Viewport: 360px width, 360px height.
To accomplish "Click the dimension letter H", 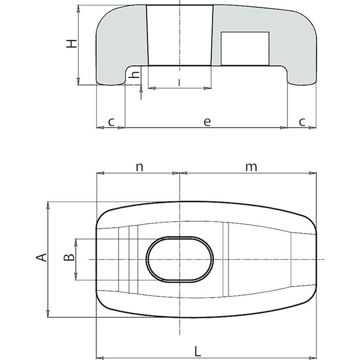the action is (71, 44).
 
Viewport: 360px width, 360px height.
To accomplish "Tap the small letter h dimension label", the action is (135, 75).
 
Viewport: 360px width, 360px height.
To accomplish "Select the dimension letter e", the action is (207, 121).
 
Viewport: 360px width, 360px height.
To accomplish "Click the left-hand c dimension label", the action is (111, 122).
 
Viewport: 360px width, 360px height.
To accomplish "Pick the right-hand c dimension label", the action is (302, 122).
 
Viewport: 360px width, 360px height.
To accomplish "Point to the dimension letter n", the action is (139, 167).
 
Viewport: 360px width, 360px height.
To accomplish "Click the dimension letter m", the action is (251, 167).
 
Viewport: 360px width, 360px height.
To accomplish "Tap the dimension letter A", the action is (42, 257).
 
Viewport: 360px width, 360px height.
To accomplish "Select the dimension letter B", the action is (69, 257).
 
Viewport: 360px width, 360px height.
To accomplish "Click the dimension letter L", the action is (198, 351).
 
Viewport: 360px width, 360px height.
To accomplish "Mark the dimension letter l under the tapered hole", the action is (180, 82).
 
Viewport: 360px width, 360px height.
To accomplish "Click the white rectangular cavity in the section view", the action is (245, 49).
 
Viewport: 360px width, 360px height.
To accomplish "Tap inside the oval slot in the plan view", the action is (180, 259).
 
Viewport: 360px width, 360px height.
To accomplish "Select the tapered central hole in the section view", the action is (180, 35).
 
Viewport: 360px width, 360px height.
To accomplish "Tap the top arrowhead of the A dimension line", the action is (48, 205).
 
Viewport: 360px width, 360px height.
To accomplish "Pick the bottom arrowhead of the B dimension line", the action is (76, 277).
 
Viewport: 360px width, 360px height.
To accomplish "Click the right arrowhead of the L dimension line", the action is (313, 358).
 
